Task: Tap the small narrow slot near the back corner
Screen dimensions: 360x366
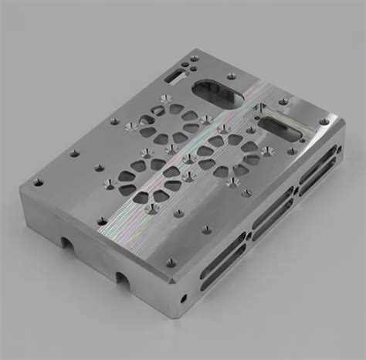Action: [176, 76]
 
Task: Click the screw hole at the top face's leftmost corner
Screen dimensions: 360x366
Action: [37, 183]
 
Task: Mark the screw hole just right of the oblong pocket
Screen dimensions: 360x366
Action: [283, 101]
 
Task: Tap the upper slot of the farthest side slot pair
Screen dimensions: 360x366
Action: [317, 165]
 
